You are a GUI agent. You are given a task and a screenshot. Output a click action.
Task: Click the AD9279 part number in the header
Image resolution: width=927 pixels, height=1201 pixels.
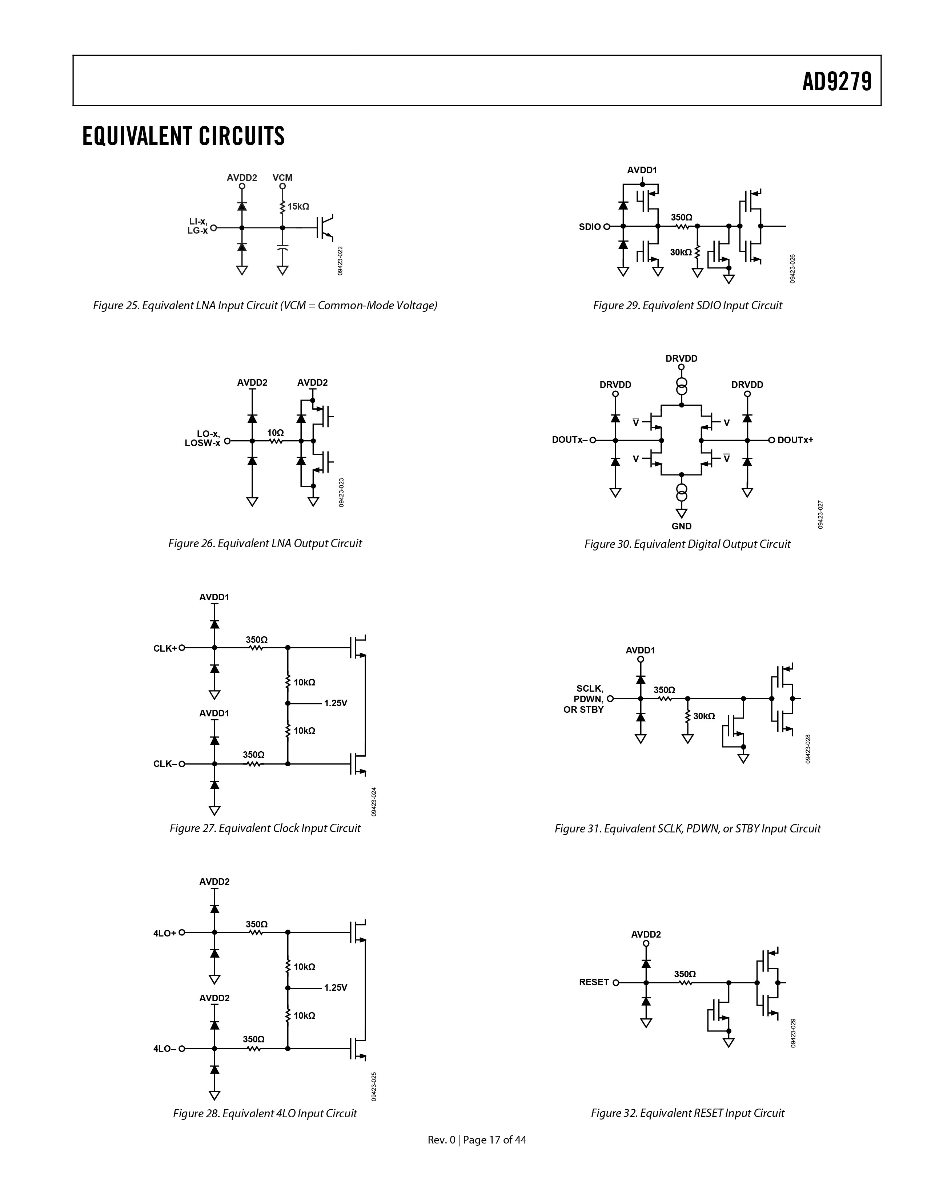pos(837,82)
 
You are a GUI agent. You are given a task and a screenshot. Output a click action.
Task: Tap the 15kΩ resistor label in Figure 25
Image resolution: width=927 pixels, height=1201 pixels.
pos(298,206)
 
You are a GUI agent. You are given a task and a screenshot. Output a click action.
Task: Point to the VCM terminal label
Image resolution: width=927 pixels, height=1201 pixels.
pos(282,178)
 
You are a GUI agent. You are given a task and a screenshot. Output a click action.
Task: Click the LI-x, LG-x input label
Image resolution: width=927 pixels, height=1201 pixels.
pos(197,226)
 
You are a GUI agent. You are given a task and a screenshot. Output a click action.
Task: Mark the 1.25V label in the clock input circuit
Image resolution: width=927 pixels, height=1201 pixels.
pos(336,703)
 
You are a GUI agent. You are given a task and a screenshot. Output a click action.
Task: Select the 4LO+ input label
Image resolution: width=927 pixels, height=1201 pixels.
pos(165,932)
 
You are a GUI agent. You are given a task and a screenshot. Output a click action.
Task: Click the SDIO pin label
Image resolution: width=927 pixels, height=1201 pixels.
pos(590,227)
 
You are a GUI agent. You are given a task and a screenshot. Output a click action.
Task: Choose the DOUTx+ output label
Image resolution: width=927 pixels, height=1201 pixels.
pos(795,440)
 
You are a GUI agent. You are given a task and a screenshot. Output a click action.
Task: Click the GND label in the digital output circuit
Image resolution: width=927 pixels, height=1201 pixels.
pos(681,526)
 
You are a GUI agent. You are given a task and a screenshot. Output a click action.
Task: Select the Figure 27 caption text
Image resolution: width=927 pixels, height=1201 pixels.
pos(265,828)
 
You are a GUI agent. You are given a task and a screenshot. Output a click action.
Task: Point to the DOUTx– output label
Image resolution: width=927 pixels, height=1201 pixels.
pos(570,440)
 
